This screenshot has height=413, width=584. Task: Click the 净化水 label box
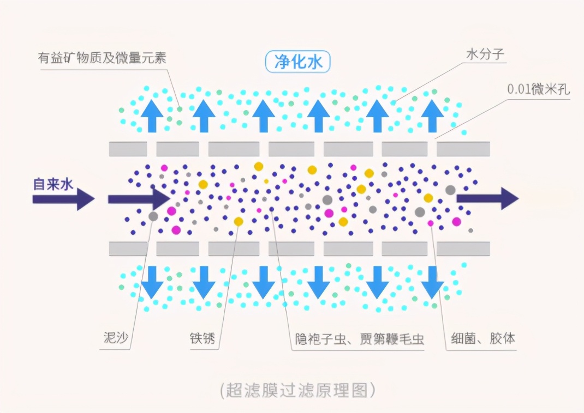click(x=297, y=62)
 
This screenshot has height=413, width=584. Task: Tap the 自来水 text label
click(x=53, y=184)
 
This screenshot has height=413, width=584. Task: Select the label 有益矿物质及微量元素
click(x=102, y=58)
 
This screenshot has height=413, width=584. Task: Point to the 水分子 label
click(x=485, y=54)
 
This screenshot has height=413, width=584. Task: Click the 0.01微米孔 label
click(x=539, y=89)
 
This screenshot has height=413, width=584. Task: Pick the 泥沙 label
click(x=116, y=338)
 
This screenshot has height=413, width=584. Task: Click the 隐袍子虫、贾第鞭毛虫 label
click(x=360, y=339)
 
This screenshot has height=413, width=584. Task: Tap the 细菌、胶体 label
click(x=483, y=339)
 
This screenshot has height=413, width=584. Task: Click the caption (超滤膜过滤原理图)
click(x=297, y=390)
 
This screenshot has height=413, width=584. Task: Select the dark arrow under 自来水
click(x=64, y=199)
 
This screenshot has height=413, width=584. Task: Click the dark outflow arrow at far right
click(x=487, y=198)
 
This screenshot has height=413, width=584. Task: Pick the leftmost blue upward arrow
click(x=152, y=116)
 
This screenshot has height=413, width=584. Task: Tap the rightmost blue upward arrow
click(x=432, y=116)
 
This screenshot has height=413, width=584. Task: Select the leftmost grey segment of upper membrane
click(x=128, y=149)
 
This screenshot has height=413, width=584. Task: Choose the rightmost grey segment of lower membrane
click(x=463, y=248)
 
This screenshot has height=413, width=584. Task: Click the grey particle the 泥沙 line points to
click(x=153, y=216)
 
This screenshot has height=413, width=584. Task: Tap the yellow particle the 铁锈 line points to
click(x=239, y=222)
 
